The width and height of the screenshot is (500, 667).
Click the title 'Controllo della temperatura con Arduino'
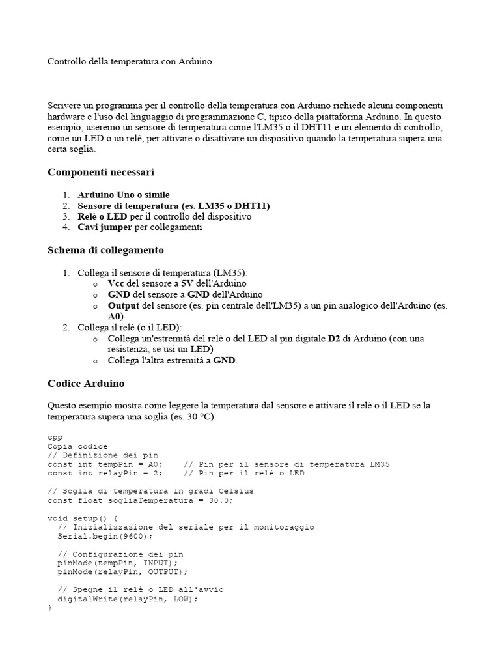coord(130,62)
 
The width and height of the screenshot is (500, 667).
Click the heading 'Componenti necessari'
coord(101,172)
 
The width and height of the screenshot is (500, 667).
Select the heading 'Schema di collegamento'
coord(105,250)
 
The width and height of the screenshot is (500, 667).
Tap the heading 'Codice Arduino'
coord(86,383)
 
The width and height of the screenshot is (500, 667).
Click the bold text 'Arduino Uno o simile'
coord(124,195)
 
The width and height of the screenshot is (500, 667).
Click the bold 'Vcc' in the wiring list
coord(116,284)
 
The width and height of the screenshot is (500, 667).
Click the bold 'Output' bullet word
coord(124,305)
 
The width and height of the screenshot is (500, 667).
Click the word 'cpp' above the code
coord(55,437)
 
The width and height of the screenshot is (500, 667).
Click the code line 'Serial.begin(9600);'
coord(105,536)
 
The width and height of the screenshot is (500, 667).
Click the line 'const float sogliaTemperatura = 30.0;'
coord(141,500)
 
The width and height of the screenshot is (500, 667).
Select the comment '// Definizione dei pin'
coord(103,455)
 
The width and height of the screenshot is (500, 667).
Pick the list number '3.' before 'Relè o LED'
coord(66,216)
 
